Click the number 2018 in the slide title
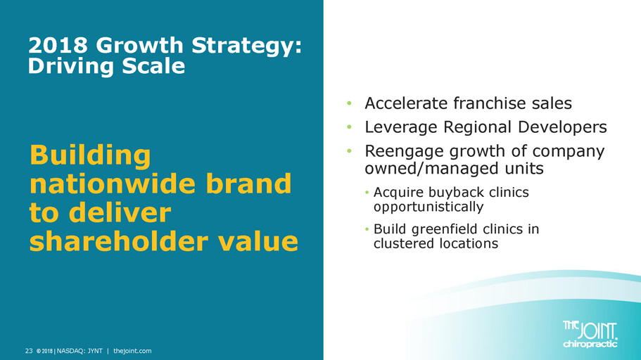tap(58, 45)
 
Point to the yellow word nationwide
tap(114, 184)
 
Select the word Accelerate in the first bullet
tap(407, 103)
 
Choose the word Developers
tap(562, 127)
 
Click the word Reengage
tap(404, 152)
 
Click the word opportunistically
tap(429, 207)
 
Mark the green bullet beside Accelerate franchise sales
tap(349, 103)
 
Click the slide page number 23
tap(29, 351)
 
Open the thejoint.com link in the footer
tap(132, 351)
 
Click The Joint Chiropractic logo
tap(590, 334)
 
